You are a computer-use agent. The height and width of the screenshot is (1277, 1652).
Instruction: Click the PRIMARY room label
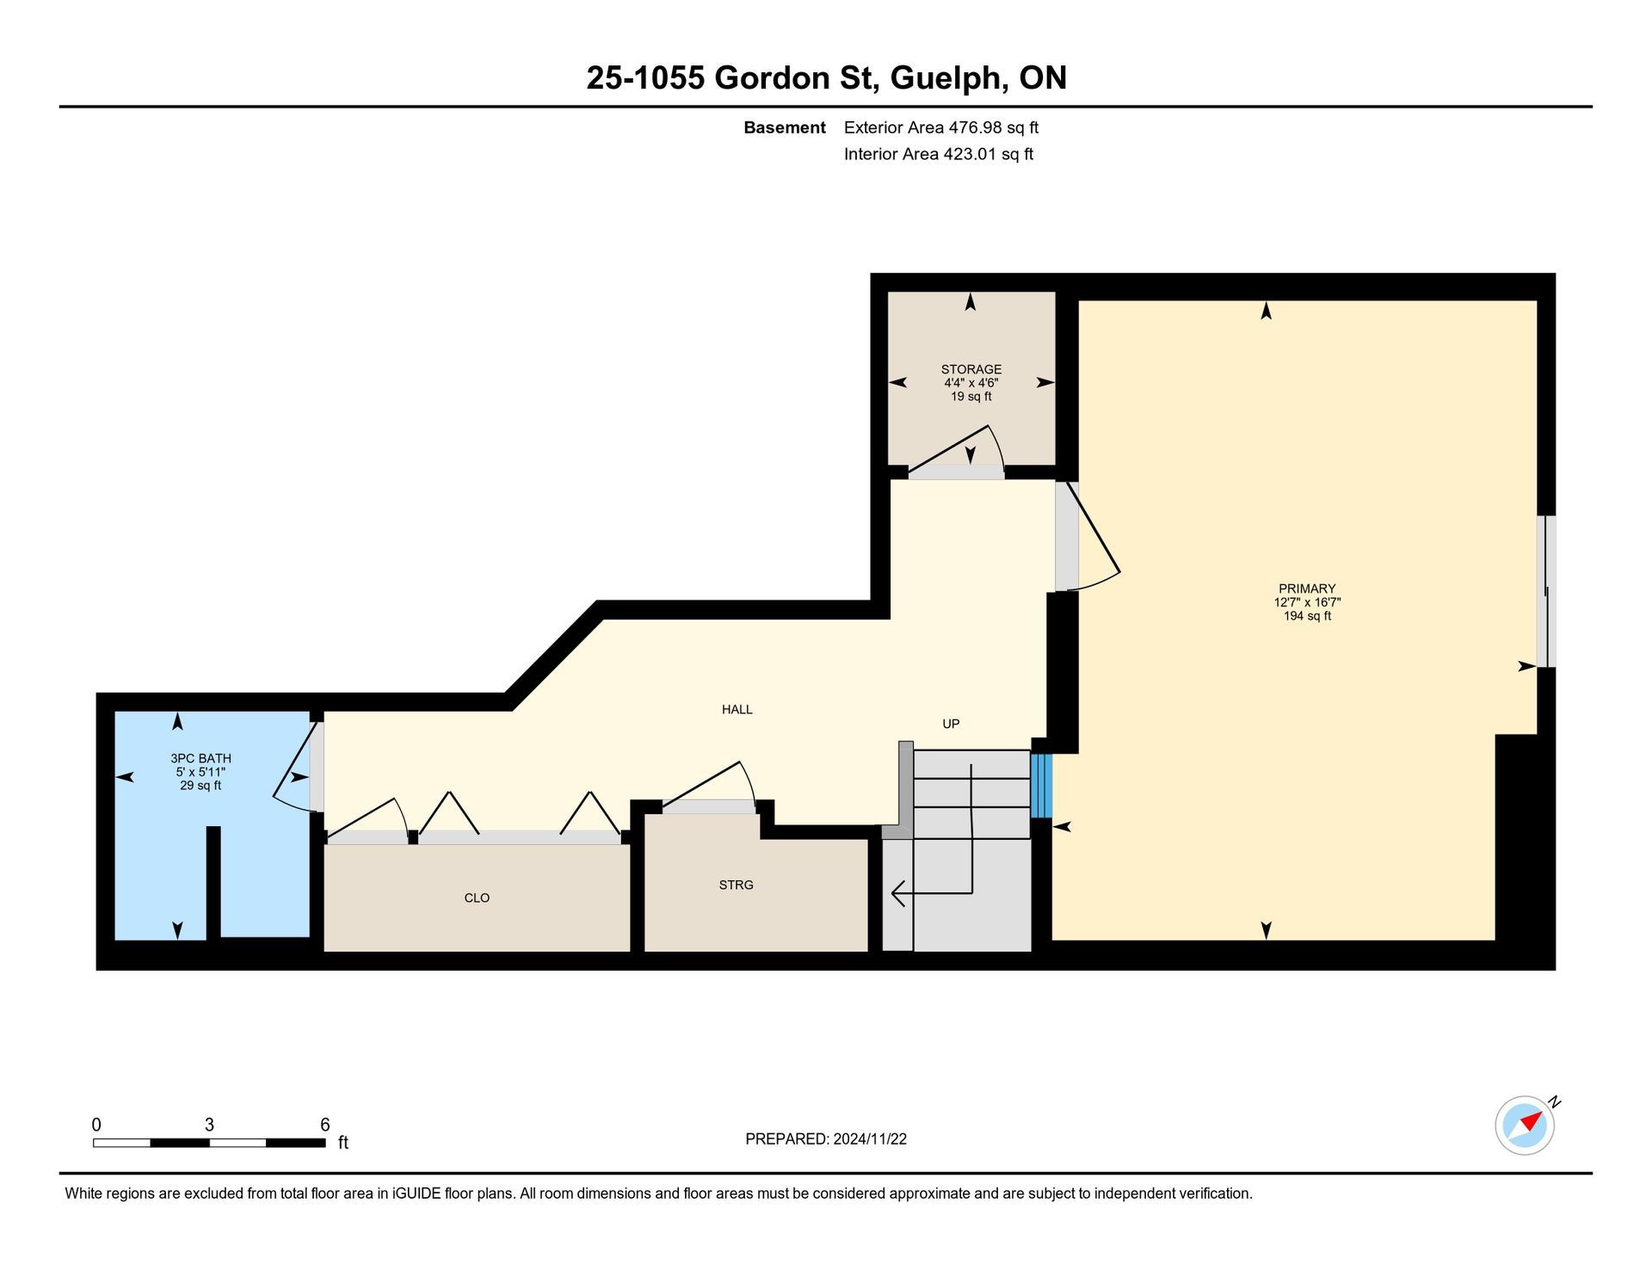coord(1307,589)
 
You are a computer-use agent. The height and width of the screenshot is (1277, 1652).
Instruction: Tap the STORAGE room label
coord(971,369)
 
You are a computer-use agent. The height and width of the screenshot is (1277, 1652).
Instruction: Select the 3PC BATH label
coord(200,758)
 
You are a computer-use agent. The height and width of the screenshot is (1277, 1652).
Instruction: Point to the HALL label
coord(737,709)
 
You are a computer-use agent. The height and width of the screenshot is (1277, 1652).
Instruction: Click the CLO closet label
coord(477,898)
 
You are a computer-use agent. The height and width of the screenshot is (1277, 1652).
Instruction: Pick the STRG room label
coord(737,884)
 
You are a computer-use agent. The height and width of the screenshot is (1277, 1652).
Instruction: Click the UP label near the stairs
coord(951,724)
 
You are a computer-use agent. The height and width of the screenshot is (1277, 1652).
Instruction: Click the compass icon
coord(1526,1125)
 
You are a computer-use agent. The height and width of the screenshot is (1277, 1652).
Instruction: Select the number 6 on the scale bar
coord(325,1125)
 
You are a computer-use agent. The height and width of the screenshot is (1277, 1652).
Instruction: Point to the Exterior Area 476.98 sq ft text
coord(941,127)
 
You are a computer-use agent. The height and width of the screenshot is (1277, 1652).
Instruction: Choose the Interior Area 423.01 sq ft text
coord(939,154)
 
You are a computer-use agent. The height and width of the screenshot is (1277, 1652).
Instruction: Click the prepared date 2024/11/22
coord(870,1139)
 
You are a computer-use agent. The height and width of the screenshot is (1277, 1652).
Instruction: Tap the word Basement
coord(785,127)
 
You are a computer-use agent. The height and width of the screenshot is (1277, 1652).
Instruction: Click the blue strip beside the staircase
coord(1041,786)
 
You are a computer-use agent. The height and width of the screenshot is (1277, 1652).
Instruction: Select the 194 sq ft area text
coord(1307,616)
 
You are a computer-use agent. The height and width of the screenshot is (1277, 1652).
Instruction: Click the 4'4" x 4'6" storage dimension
coord(971,383)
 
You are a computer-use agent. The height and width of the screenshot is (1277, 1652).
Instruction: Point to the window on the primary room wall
coord(1547,591)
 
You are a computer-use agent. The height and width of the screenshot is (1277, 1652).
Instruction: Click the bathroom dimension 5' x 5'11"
coord(200,772)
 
